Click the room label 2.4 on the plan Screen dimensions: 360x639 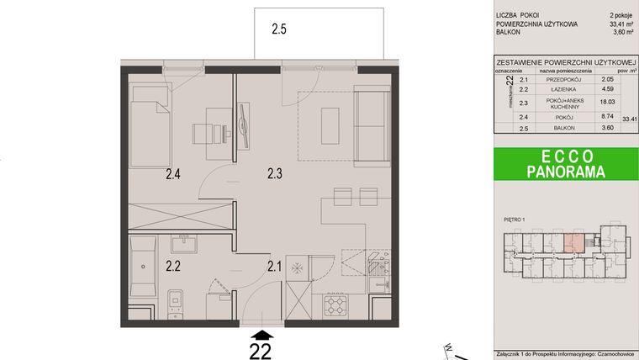tap(172, 175)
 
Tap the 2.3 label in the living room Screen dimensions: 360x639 tap(275, 175)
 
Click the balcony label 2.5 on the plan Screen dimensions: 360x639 tap(279, 29)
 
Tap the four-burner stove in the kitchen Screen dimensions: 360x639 tap(335, 304)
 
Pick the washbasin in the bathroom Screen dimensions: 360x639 tap(184, 244)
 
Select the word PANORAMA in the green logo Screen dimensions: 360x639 tap(564, 171)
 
